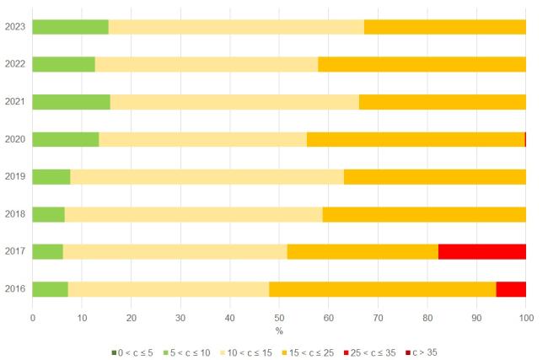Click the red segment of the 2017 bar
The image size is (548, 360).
pos(482,251)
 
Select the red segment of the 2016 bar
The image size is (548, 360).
pos(511,289)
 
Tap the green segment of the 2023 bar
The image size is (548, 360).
pos(71,27)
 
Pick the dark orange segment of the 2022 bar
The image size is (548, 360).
pos(422,64)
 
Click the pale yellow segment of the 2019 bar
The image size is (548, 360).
pos(207,177)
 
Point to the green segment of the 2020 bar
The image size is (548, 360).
pos(66,139)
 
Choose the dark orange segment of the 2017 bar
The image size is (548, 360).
pos(363,251)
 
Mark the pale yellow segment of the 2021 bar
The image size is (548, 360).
pos(234,102)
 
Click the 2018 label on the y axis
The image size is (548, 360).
pos(15,214)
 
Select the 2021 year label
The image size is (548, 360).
pos(15,102)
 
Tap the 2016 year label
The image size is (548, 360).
pos(15,288)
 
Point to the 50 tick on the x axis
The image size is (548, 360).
pos(279,318)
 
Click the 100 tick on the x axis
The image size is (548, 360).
pos(526,318)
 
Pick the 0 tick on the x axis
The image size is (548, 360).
pos(33,318)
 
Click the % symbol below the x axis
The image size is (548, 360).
pos(279,331)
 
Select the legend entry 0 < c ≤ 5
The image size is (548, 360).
pos(132,352)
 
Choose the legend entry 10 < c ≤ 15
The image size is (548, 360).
pos(246,352)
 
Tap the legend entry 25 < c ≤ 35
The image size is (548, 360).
pos(370,352)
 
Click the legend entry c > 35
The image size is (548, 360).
pos(422,352)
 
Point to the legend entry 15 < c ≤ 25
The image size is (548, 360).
pos(308,352)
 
